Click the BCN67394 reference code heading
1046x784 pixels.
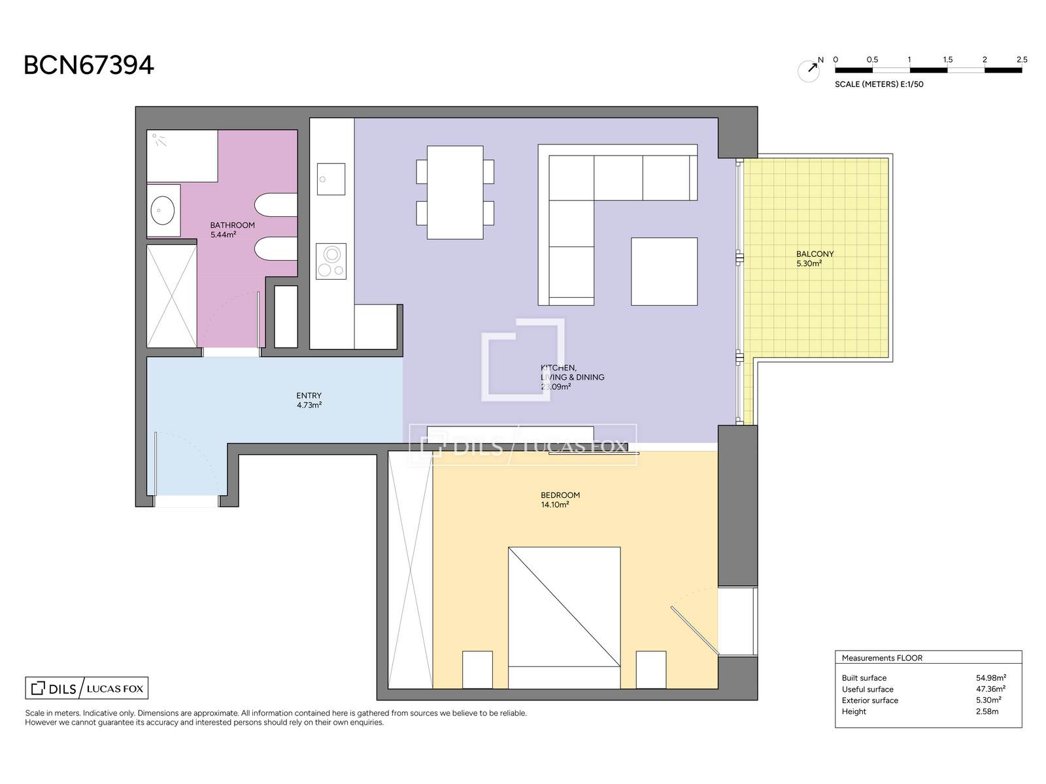(x=89, y=65)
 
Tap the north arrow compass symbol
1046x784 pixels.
(x=809, y=71)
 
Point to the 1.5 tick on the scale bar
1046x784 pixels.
(x=947, y=60)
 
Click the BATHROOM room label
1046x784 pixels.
(x=233, y=225)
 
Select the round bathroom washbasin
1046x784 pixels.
(x=163, y=210)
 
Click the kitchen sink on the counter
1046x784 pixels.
(x=331, y=179)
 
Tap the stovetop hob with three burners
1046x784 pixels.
(x=331, y=262)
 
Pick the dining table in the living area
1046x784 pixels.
(x=455, y=192)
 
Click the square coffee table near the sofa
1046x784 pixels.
(x=664, y=271)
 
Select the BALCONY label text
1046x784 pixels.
(x=815, y=254)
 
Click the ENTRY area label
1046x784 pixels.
(x=309, y=395)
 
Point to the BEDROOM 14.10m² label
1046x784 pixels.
(x=560, y=500)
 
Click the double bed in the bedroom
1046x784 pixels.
(x=564, y=618)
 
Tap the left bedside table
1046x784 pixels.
(x=477, y=670)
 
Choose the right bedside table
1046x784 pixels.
(x=651, y=670)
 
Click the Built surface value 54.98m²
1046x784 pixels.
(x=990, y=678)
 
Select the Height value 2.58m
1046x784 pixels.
(x=987, y=711)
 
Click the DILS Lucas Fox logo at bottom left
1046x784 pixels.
(x=87, y=689)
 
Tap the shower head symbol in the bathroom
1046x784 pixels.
(x=159, y=140)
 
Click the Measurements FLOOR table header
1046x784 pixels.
(x=882, y=659)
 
